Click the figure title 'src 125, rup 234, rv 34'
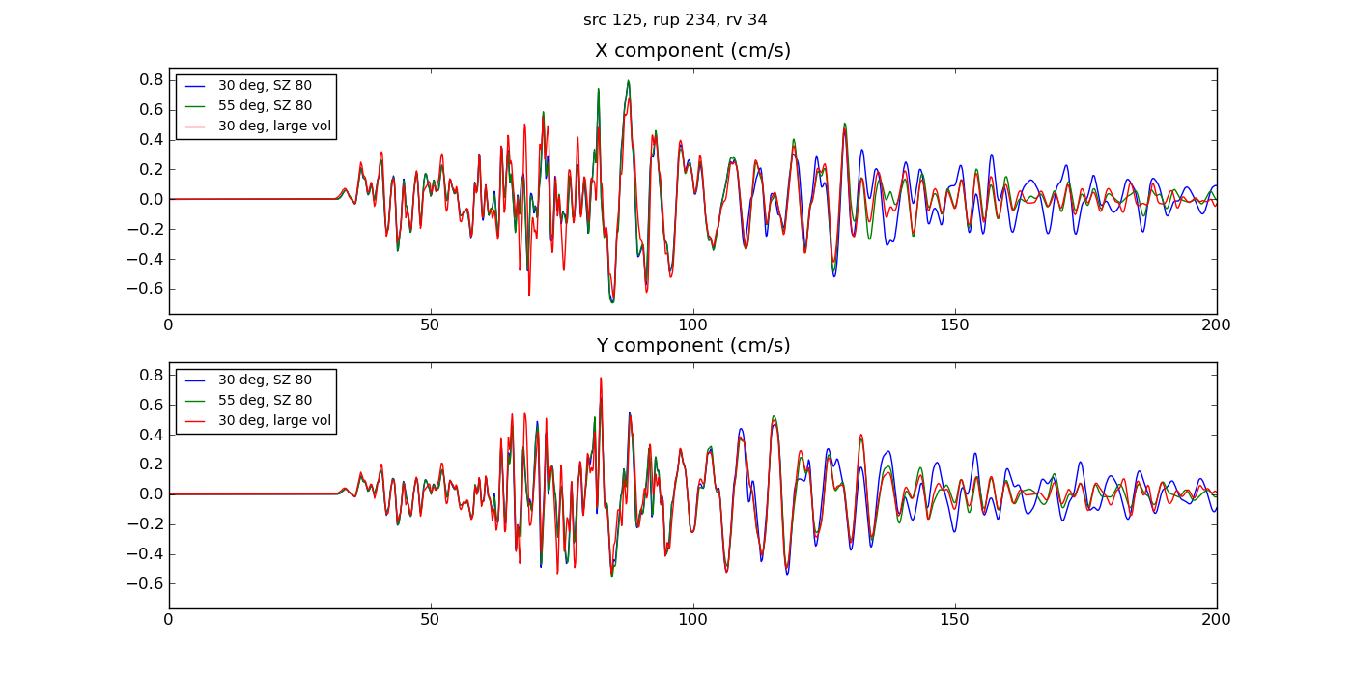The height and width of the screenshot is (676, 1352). (x=675, y=20)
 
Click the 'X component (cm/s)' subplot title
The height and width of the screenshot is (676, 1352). (x=692, y=51)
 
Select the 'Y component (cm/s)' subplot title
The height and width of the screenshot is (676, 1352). (x=692, y=346)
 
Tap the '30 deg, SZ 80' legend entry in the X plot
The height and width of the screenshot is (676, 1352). (x=265, y=86)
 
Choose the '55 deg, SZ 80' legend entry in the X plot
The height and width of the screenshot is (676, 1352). (x=265, y=106)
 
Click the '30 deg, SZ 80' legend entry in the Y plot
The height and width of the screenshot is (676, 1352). (x=265, y=380)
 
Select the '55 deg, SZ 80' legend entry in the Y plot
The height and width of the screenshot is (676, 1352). (x=265, y=401)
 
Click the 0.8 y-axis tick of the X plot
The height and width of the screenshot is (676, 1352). (x=150, y=80)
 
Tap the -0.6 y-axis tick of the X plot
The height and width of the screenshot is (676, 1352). (x=146, y=289)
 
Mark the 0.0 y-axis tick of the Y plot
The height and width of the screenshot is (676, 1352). (x=150, y=494)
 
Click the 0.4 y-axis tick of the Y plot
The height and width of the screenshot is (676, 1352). (x=150, y=435)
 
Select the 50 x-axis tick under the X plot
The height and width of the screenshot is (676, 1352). (x=431, y=325)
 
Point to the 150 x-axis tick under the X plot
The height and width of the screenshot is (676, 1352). (x=954, y=325)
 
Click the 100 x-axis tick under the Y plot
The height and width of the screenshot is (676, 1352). (x=692, y=620)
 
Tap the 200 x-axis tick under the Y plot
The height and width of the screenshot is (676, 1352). (x=1216, y=620)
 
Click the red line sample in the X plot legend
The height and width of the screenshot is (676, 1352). (x=196, y=126)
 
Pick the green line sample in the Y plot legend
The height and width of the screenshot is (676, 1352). (x=196, y=401)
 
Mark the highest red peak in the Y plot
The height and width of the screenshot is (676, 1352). (x=601, y=379)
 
